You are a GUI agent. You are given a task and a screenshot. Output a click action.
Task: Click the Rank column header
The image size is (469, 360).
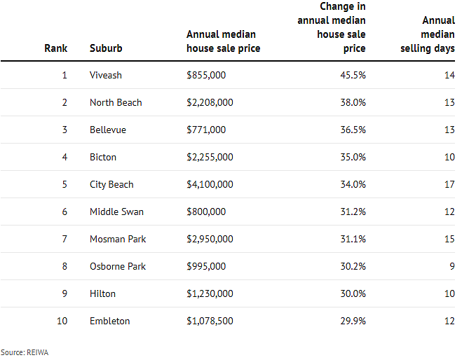click(x=55, y=48)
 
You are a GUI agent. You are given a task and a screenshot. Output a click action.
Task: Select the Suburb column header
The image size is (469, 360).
click(x=106, y=48)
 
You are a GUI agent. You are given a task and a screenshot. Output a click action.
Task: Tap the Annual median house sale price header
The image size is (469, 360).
click(x=223, y=41)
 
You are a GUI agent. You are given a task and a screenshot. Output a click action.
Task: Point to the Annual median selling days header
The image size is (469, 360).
click(x=428, y=34)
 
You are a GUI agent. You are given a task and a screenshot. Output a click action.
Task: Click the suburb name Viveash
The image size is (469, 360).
click(x=106, y=75)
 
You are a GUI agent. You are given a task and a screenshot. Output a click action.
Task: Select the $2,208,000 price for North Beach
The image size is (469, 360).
click(x=210, y=102)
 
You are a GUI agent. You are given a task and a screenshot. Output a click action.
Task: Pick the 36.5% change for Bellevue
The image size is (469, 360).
click(x=353, y=130)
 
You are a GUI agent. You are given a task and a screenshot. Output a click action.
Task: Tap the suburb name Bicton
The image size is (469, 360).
click(x=103, y=157)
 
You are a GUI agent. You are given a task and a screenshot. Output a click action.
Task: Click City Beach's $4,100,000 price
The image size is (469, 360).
click(x=210, y=184)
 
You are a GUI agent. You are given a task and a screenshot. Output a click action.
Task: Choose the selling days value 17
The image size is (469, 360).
click(x=449, y=184)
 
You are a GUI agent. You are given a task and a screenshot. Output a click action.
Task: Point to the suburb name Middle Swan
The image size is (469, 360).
click(x=116, y=212)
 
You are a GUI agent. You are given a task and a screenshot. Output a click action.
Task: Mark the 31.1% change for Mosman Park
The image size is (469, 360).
click(x=353, y=239)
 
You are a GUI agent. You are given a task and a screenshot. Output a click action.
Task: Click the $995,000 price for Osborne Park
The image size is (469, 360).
click(x=206, y=266)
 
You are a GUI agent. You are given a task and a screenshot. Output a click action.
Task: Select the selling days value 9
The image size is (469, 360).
click(x=452, y=266)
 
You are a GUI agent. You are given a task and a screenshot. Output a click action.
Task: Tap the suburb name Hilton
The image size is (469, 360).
click(x=102, y=293)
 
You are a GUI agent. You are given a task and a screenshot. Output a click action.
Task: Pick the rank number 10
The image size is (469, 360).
click(x=62, y=321)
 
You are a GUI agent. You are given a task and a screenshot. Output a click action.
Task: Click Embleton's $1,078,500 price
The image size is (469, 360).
click(x=210, y=321)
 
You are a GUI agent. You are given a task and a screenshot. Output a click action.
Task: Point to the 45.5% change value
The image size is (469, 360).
click(x=353, y=75)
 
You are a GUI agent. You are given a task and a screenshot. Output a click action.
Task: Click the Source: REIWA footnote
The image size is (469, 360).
click(x=25, y=352)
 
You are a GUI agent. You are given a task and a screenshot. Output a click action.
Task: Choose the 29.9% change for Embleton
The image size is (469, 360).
click(x=353, y=321)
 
